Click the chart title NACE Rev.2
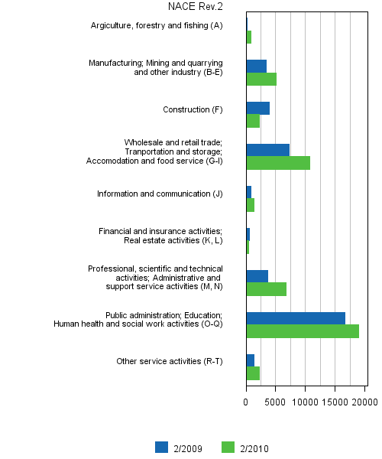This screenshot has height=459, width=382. tap(196, 7)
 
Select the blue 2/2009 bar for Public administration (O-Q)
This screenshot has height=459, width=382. tap(296, 317)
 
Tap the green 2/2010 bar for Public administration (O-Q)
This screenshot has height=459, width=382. tap(303, 331)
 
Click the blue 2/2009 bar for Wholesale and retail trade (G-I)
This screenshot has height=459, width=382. tap(267, 150)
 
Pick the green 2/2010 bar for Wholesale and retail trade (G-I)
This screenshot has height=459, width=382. tap(278, 163)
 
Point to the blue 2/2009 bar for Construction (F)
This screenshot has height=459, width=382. tap(257, 108)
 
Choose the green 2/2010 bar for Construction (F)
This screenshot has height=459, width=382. tap(253, 121)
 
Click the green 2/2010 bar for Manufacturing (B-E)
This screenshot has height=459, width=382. tap(261, 79)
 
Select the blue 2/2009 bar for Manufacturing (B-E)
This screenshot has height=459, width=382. tap(256, 66)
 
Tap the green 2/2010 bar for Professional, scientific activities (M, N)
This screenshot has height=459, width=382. tap(266, 289)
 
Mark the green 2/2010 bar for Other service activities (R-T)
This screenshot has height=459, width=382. tap(253, 373)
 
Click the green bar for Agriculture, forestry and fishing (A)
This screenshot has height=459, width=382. tap(249, 37)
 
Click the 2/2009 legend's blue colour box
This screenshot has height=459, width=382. tap(161, 448)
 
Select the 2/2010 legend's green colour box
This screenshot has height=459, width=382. tap(227, 448)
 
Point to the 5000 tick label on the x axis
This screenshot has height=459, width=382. tap(276, 401)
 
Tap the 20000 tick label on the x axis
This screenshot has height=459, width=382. tap(364, 401)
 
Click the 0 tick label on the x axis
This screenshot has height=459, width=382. tap(246, 401)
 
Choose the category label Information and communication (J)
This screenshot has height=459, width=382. tap(160, 194)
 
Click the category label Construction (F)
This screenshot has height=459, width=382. tap(193, 109)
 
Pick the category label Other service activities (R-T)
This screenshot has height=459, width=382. tap(169, 361)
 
